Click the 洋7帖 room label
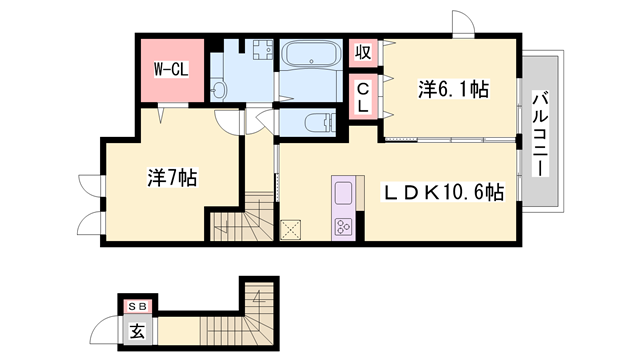[172, 178]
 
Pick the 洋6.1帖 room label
[452, 90]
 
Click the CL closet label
[362, 97]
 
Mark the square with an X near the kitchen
[292, 230]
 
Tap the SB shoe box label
[134, 307]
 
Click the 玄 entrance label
[134, 328]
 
